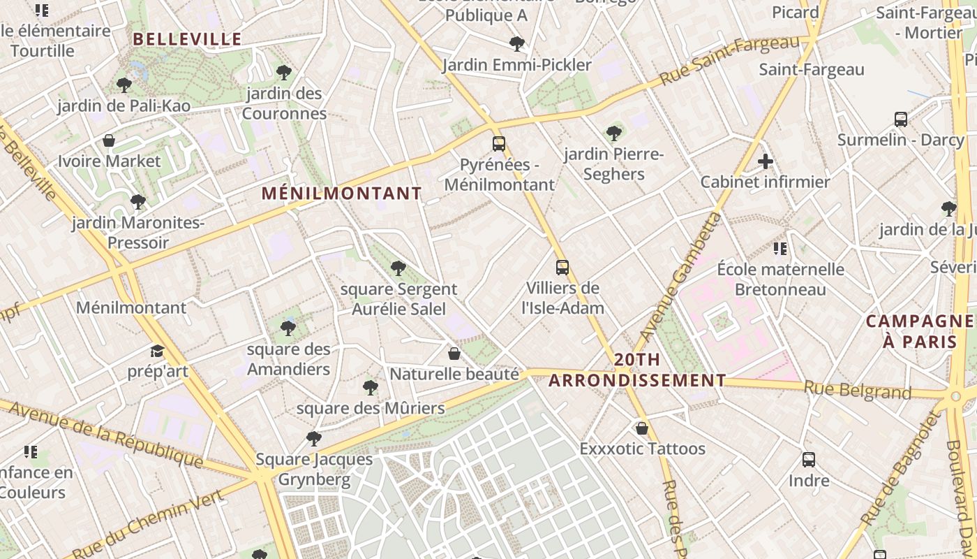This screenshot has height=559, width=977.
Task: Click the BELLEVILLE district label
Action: pos(187,39)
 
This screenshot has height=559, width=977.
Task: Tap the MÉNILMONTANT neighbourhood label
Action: pos(342,194)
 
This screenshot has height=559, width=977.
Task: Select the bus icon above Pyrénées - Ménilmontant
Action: pos(499,144)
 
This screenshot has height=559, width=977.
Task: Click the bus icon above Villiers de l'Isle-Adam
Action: pos(562,267)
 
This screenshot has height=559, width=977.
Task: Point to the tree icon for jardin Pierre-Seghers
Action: pos(614,133)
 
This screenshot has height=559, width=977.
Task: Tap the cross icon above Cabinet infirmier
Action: pos(766,161)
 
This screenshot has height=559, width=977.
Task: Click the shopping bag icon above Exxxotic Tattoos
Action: pos(642,428)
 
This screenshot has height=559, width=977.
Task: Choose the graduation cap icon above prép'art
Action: pos(157,351)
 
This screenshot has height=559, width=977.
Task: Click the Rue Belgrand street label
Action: pos(858,390)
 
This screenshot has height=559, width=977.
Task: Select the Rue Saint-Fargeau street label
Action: pos(729,61)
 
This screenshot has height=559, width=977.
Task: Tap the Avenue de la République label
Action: pos(105,435)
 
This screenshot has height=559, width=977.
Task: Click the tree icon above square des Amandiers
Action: pos(288,328)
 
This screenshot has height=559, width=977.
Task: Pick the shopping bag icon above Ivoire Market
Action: pos(109,140)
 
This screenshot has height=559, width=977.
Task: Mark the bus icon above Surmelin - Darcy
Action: pos(901,119)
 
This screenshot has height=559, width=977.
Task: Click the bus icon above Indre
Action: pos(809,460)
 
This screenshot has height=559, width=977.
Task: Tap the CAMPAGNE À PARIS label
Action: pos(920,331)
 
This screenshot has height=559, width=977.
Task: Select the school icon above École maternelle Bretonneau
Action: pos(780,249)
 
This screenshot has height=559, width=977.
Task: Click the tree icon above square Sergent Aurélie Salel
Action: pos(398,268)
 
